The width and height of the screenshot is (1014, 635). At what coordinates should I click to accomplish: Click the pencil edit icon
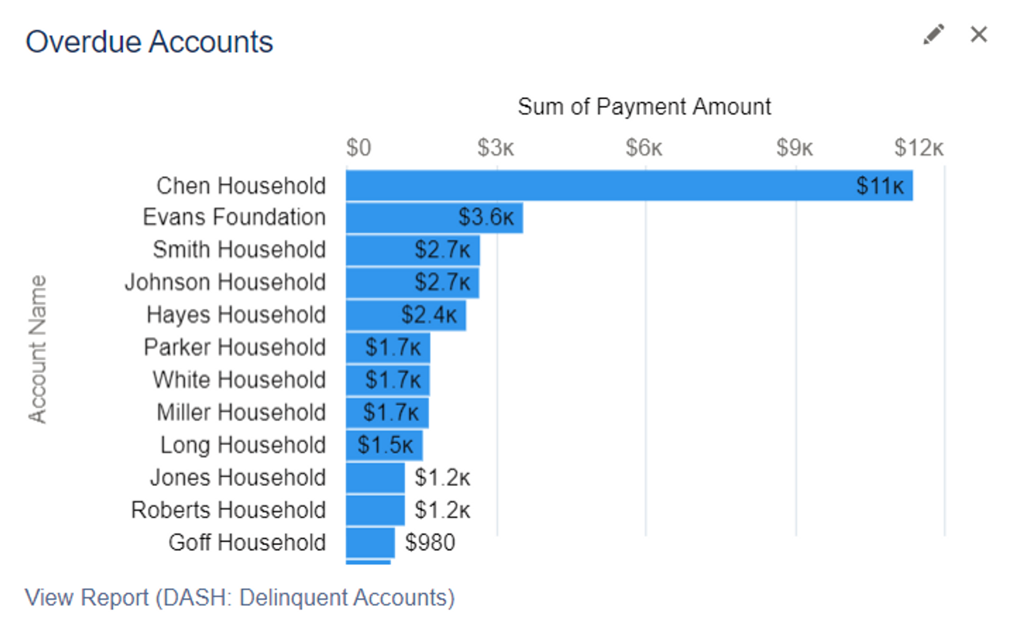pos(933,34)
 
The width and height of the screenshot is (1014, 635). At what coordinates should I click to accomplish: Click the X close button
pos(979,34)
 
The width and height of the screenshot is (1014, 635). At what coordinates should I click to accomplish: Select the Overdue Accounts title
pos(149,42)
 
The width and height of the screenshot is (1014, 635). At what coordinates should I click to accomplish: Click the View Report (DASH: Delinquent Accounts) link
pos(240,597)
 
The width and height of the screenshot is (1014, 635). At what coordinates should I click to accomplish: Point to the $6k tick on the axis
pos(644,148)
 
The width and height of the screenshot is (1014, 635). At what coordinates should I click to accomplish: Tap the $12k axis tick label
pos(919,148)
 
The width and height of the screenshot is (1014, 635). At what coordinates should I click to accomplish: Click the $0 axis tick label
pos(358,148)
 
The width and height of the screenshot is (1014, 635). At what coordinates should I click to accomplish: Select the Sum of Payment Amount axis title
pos(644,107)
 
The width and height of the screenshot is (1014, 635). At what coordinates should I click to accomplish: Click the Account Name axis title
pos(38,349)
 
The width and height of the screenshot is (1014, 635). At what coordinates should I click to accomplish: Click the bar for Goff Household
pos(370,543)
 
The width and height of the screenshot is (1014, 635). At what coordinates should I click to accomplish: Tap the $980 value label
pos(430,543)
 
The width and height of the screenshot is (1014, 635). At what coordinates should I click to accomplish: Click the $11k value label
pos(880,186)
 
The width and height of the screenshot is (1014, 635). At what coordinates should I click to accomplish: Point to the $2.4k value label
pos(429,315)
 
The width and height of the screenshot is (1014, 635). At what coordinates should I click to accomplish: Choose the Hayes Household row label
pos(236,315)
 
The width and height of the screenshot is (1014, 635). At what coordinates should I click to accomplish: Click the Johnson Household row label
pos(225,283)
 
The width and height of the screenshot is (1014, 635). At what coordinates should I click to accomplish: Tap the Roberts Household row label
pos(228,510)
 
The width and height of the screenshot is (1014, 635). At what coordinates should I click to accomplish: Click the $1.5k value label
pos(385,445)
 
